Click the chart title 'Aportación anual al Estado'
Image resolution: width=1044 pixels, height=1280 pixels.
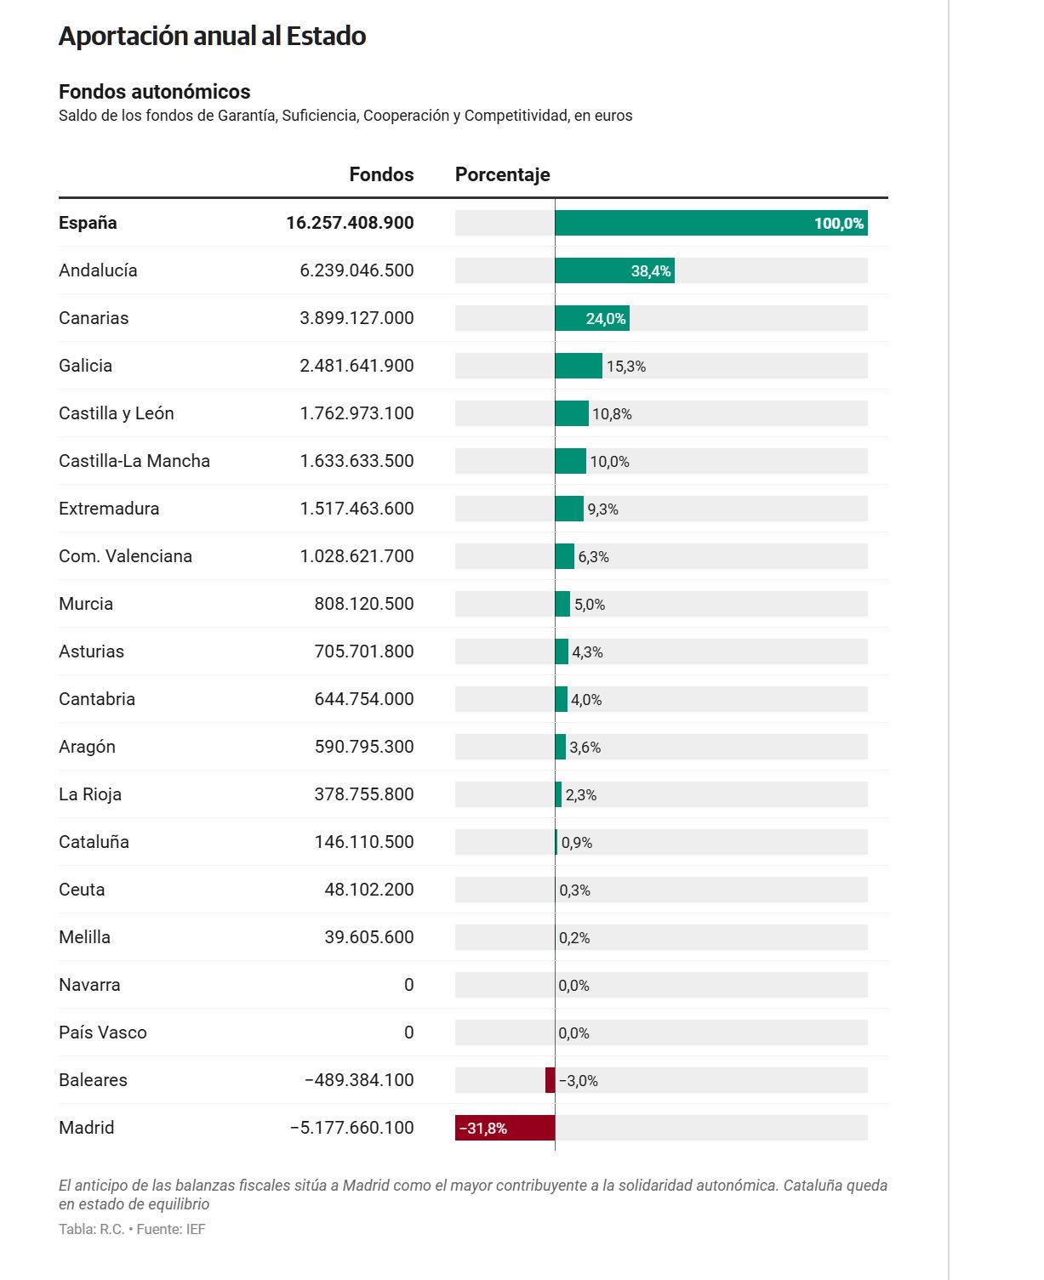tap(212, 37)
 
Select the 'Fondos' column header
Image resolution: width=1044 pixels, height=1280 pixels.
tap(381, 175)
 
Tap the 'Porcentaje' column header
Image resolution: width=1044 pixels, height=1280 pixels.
tap(502, 175)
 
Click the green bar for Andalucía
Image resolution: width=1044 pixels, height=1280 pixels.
tap(614, 270)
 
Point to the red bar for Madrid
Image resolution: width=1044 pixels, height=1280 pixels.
tap(505, 1129)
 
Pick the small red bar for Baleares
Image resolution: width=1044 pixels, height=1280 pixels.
tap(551, 1080)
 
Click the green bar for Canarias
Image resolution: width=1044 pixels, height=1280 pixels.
tap(592, 319)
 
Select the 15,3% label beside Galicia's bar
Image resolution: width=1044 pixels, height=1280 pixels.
tap(626, 367)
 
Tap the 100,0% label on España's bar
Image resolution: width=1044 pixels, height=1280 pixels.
tap(839, 224)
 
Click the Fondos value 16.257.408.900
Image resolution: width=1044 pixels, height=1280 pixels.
tap(350, 223)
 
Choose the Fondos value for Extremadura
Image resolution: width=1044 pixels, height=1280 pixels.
tap(357, 509)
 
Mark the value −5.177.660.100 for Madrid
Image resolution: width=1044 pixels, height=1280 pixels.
tap(352, 1128)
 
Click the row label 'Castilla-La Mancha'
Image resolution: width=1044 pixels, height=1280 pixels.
tap(134, 461)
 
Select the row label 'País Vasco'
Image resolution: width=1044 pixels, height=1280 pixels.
tap(103, 1033)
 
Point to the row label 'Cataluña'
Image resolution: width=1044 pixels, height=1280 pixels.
tap(94, 842)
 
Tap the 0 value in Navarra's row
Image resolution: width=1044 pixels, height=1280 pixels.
tap(408, 985)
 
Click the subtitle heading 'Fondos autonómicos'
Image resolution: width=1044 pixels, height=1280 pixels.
tap(154, 92)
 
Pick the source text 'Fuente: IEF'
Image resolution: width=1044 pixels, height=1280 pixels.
tap(171, 1230)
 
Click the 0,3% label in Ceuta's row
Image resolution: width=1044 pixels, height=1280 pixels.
tap(574, 890)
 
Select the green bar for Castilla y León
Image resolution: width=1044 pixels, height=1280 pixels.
tap(572, 414)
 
